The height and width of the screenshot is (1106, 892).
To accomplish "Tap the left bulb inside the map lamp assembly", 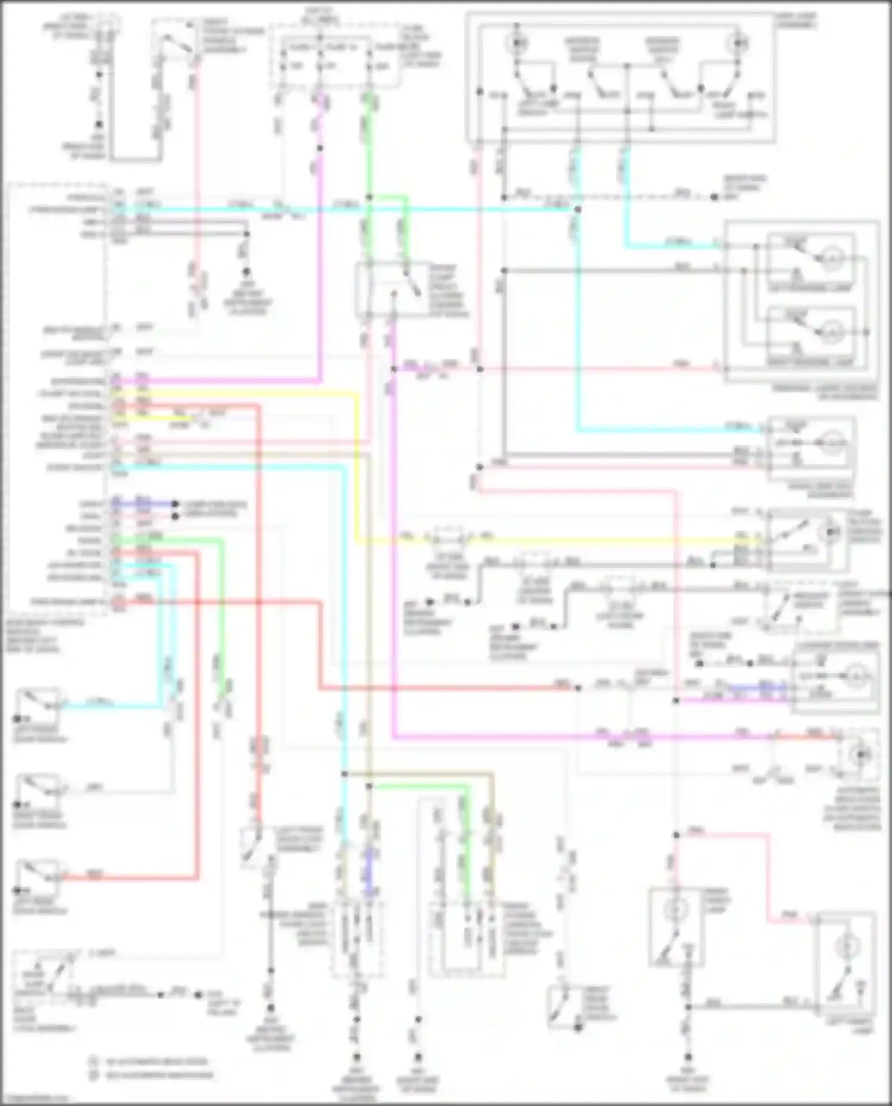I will click(517, 43).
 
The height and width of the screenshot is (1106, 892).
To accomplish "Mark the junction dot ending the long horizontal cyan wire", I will click(577, 209).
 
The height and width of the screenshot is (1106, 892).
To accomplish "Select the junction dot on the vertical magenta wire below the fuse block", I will click(320, 148).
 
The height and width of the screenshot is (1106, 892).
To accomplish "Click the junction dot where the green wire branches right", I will click(369, 197).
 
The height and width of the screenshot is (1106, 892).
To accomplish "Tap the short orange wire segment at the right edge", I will click(815, 737).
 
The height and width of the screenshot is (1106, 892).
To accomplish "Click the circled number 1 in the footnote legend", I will click(93, 1060).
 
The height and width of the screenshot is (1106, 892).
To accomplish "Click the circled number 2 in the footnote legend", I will click(93, 1074).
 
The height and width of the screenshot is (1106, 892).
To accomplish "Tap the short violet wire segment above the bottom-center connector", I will click(369, 871).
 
